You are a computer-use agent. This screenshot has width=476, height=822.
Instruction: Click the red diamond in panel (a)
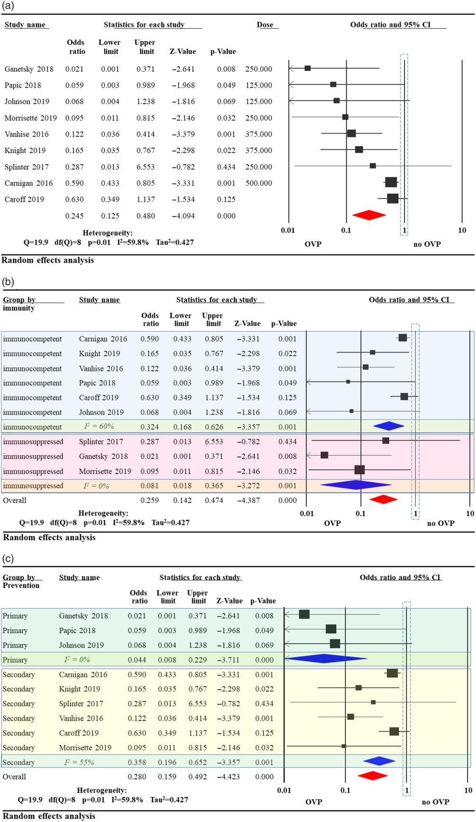click(x=369, y=215)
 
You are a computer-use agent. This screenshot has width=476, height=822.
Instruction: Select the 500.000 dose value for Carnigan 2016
click(x=259, y=183)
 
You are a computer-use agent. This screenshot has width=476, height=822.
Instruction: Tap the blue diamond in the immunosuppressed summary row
click(x=355, y=485)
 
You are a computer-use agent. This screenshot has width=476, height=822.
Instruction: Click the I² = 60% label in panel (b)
click(x=99, y=426)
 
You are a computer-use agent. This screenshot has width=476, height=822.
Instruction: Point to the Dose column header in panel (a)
click(x=265, y=25)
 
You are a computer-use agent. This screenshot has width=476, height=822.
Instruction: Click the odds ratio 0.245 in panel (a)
click(x=74, y=216)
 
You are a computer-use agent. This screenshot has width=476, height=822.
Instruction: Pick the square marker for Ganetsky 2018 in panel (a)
click(x=307, y=69)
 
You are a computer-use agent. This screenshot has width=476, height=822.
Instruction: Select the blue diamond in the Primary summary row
click(x=325, y=659)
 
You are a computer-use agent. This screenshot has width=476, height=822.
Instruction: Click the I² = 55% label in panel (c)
click(x=79, y=762)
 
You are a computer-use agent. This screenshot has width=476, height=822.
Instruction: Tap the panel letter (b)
click(x=8, y=282)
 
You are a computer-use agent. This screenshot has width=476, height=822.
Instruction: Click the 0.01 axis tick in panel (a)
click(x=288, y=230)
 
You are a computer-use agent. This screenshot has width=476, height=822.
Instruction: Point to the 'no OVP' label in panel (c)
click(x=435, y=802)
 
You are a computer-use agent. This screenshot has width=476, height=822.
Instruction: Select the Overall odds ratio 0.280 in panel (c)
click(x=137, y=777)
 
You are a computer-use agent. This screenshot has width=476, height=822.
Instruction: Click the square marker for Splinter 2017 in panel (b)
click(x=386, y=441)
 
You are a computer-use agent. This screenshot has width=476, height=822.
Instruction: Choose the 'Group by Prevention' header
click(x=21, y=581)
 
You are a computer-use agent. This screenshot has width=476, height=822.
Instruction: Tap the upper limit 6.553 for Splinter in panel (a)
click(x=145, y=167)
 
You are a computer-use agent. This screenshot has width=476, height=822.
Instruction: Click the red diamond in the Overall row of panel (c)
click(x=373, y=776)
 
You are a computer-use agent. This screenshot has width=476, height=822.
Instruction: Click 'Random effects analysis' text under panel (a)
click(x=48, y=260)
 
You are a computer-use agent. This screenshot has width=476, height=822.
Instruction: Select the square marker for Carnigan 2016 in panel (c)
click(x=392, y=673)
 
